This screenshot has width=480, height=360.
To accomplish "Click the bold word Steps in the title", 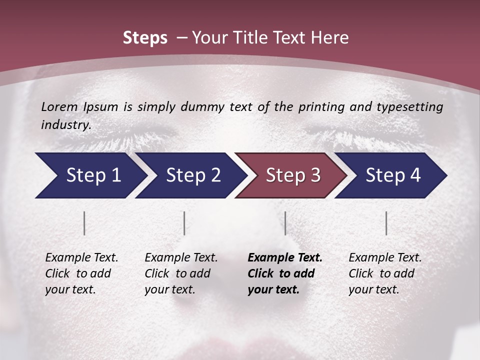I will pos(145,38).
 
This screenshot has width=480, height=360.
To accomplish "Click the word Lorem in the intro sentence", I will pos(59,106).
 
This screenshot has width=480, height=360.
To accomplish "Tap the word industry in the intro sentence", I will pos(65,124).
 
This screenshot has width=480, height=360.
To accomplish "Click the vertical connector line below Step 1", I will pos(84,223).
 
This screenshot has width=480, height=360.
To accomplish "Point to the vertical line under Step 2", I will pos(184,223).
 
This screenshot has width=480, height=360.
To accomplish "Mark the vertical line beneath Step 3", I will pos(285,223).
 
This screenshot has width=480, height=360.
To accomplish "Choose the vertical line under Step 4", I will pos(386,223).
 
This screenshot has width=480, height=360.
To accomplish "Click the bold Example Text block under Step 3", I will pos(285,273).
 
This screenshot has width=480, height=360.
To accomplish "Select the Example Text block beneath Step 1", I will pos(81,273).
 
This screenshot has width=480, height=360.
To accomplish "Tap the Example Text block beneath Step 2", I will pos(181,273).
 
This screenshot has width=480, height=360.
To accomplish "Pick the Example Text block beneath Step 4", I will pos(385,273).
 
